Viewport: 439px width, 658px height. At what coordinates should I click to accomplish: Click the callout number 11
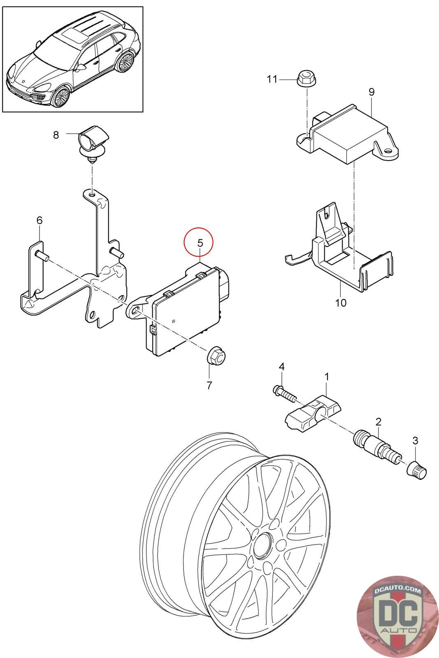pyautogui.click(x=272, y=79)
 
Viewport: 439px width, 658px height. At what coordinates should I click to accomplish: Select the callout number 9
pyautogui.click(x=372, y=92)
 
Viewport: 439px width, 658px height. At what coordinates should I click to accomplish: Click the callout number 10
pyautogui.click(x=341, y=303)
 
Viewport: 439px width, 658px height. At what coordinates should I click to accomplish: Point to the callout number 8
pyautogui.click(x=56, y=134)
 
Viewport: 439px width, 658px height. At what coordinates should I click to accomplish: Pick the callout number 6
pyautogui.click(x=39, y=220)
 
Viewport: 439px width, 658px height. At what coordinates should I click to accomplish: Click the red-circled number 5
pyautogui.click(x=200, y=243)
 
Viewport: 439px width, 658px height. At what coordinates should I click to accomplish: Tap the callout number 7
pyautogui.click(x=209, y=385)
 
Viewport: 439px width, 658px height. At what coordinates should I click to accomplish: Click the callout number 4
pyautogui.click(x=281, y=366)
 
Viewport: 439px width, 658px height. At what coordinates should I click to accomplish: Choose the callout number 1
pyautogui.click(x=327, y=376)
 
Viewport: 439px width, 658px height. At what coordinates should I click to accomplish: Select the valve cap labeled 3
pyautogui.click(x=416, y=470)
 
